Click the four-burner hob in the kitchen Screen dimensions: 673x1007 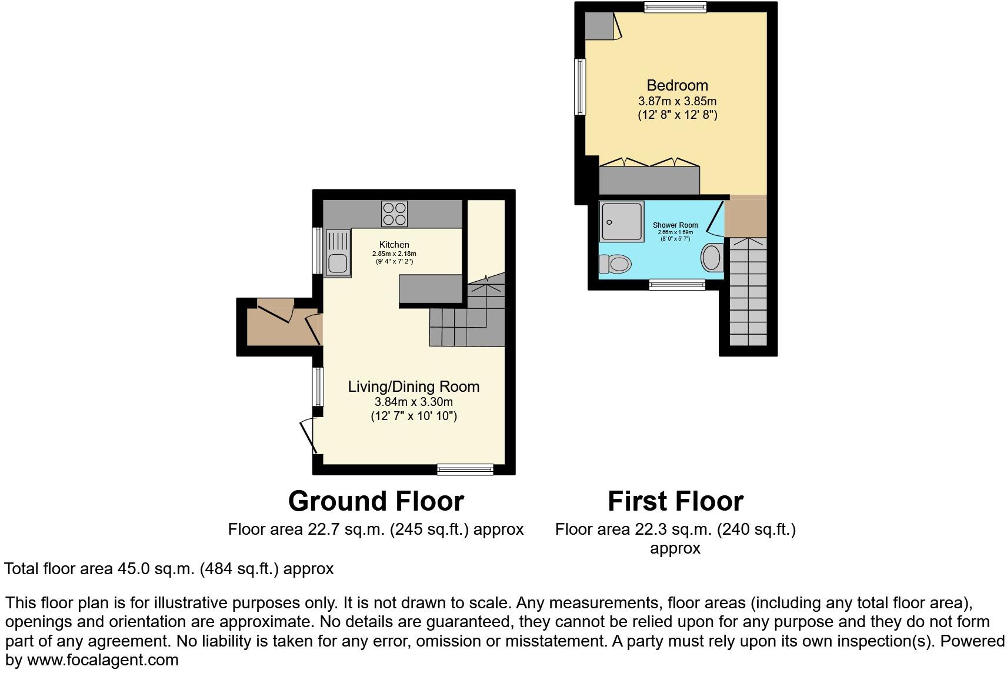[x=394, y=214]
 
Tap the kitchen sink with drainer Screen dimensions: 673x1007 [x=338, y=253]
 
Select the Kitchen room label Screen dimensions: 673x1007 [x=394, y=245]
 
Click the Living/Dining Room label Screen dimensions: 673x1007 [x=414, y=387]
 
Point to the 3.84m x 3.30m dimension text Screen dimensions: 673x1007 [x=414, y=402]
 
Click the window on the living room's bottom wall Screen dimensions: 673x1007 [x=465, y=469]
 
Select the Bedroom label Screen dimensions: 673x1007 [x=677, y=85]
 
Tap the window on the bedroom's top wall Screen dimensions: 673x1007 [x=675, y=7]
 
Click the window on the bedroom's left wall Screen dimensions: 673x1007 [x=580, y=87]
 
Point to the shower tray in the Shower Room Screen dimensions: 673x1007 [x=622, y=221]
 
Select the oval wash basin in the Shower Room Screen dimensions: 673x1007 [x=711, y=258]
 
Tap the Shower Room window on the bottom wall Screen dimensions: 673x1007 [x=677, y=285]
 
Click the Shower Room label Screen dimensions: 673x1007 [x=675, y=225]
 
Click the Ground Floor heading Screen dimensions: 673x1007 [x=376, y=501]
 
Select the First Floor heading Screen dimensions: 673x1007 [x=675, y=501]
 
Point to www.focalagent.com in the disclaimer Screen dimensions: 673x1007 [x=102, y=660]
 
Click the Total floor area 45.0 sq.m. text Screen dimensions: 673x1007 [x=169, y=569]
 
